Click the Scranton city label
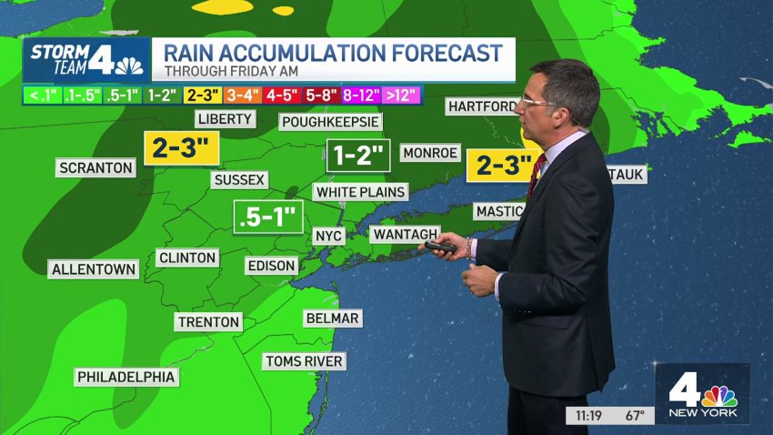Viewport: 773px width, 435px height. (x=95, y=167)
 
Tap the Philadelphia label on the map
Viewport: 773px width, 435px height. (x=125, y=377)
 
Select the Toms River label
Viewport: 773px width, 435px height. (x=304, y=361)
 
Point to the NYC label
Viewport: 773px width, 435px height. (x=327, y=236)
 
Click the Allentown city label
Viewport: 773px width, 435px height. (x=94, y=269)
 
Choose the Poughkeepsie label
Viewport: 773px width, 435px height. (x=330, y=121)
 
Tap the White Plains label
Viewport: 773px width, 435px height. (x=360, y=192)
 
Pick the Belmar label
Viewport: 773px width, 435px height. (x=333, y=318)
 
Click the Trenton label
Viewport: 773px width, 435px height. (x=208, y=321)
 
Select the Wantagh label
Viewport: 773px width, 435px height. (x=406, y=234)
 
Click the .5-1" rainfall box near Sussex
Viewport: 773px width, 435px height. (x=268, y=217)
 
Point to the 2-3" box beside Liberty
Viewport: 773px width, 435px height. (x=183, y=147)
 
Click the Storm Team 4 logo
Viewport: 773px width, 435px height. (x=86, y=59)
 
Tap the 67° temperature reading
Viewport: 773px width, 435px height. (x=635, y=415)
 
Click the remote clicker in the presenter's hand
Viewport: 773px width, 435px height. (x=441, y=247)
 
